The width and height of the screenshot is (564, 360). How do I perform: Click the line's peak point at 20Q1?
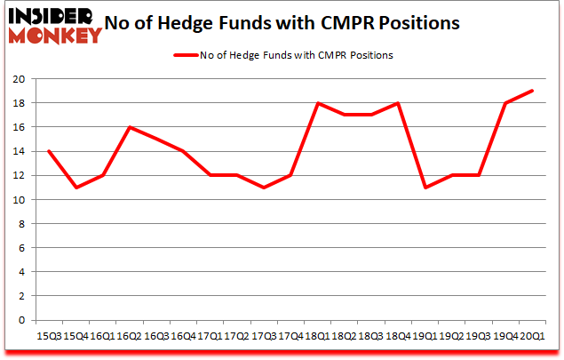[x=531, y=91]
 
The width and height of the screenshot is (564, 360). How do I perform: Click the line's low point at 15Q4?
[x=75, y=188]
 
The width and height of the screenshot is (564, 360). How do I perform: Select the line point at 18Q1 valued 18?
[x=316, y=103]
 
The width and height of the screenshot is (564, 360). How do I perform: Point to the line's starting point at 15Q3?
[x=48, y=151]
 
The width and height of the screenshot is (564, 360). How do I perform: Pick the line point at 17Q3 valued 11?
[x=263, y=188]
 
